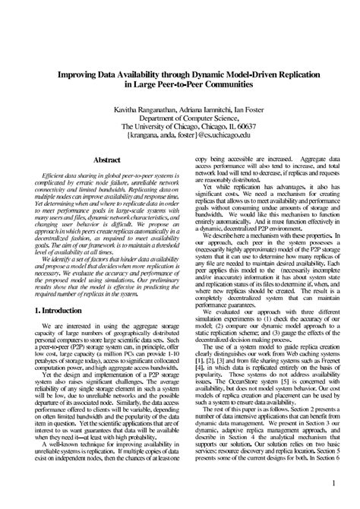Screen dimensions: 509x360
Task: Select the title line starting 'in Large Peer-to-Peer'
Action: click(x=180, y=87)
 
